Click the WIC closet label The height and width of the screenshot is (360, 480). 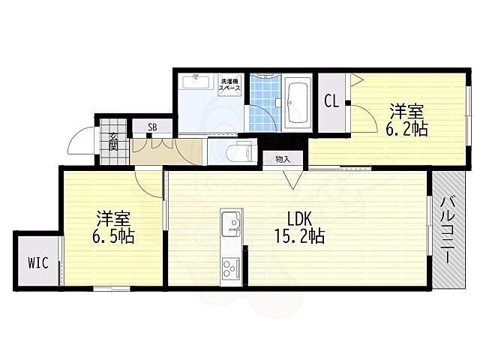38,262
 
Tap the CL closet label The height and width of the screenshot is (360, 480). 331,100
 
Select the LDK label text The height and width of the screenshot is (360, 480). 299,220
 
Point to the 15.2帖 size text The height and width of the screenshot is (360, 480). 300,236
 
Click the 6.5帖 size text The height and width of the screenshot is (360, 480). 113,235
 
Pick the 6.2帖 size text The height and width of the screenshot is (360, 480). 406,129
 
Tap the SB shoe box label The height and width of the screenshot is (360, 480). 152,127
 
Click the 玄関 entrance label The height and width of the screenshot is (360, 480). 113,142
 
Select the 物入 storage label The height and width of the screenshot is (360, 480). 283,159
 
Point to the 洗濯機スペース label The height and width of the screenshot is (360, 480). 229,85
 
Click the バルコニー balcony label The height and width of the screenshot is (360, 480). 447,230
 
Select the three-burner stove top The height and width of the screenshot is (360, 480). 231,268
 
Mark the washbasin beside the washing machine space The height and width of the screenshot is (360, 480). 196,82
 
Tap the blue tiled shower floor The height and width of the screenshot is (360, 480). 265,103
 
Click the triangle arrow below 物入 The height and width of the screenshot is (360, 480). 292,179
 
